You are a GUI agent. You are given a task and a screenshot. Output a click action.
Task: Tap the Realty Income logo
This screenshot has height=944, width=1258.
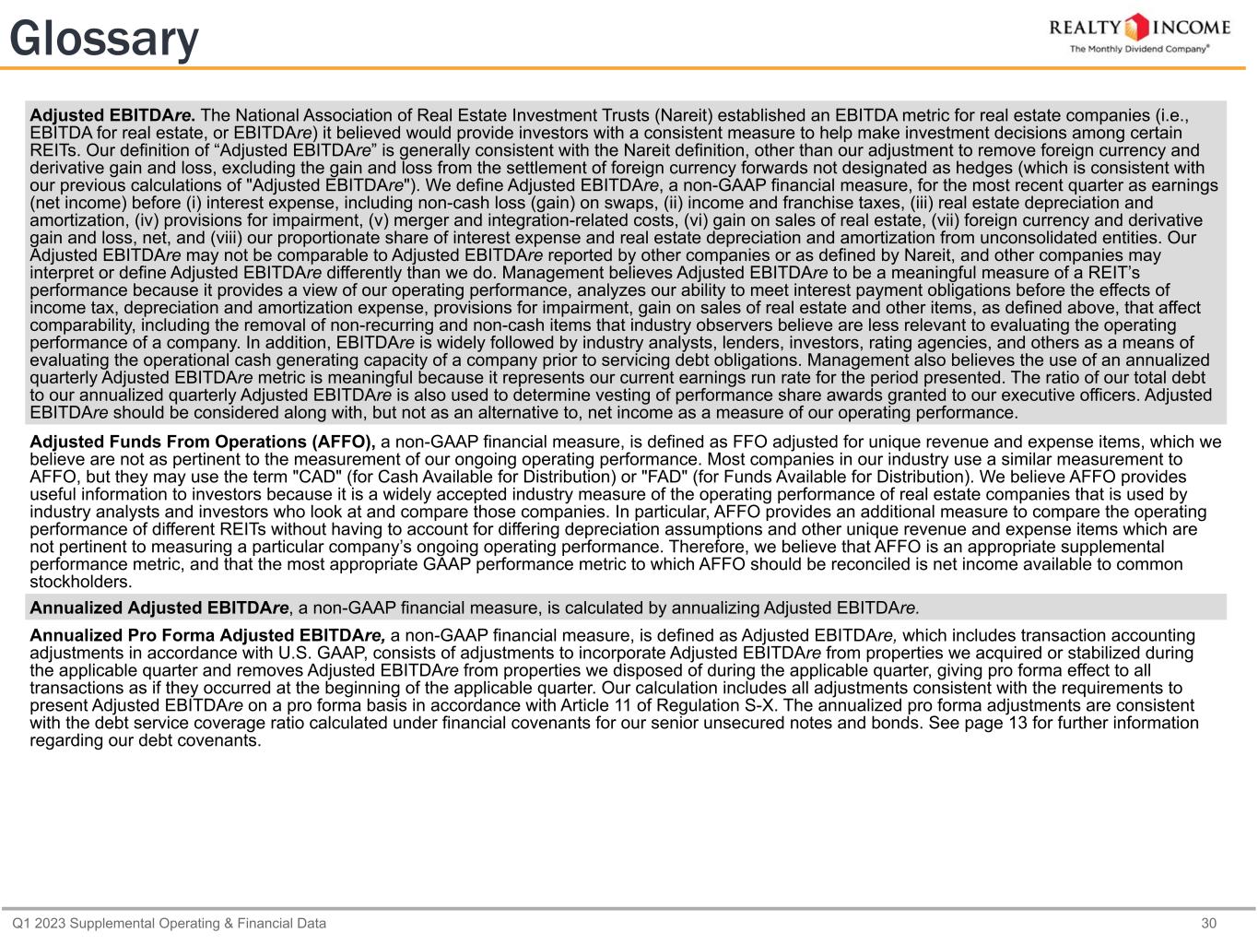click(x=1139, y=32)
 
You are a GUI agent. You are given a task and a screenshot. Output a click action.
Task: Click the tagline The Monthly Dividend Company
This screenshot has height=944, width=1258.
click(x=1138, y=49)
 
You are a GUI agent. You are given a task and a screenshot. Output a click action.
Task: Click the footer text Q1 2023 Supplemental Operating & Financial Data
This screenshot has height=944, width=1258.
click(x=169, y=924)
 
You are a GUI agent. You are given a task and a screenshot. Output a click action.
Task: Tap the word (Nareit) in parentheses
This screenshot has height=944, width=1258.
click(x=681, y=116)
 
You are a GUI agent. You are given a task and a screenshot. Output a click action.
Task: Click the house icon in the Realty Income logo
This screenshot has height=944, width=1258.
click(x=1139, y=27)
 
